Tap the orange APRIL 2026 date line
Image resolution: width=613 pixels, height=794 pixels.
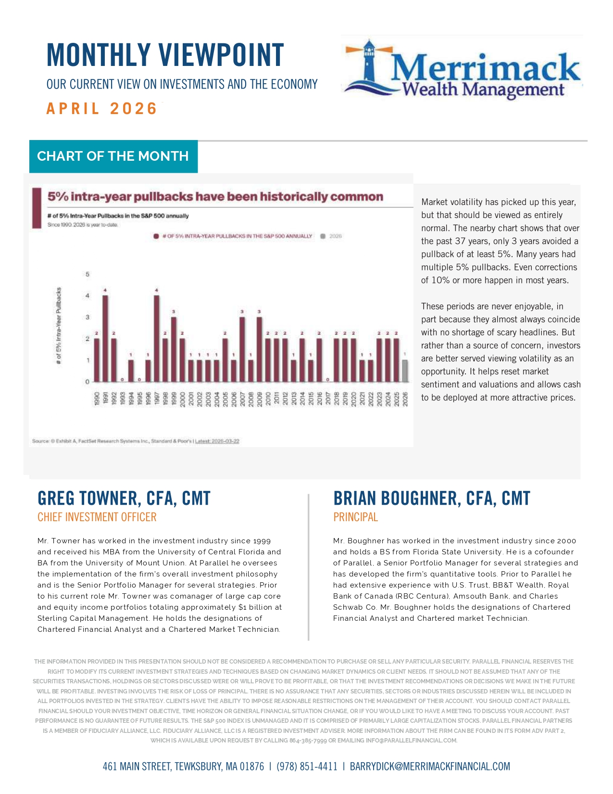click(102, 109)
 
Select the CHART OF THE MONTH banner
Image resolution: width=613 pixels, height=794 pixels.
click(113, 156)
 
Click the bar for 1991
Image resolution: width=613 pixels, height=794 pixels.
click(105, 338)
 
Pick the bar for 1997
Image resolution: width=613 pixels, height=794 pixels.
click(157, 338)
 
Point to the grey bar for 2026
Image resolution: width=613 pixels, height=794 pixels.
click(405, 371)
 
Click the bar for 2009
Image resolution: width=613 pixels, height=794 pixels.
click(259, 349)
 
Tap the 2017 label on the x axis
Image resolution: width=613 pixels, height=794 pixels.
click(328, 399)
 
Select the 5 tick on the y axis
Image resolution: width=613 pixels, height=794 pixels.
click(88, 274)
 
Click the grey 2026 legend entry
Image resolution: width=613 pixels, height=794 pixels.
click(331, 236)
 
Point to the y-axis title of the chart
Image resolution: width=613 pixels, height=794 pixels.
click(59, 326)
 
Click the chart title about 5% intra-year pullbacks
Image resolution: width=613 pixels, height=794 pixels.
click(215, 197)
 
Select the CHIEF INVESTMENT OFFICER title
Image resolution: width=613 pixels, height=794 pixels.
click(97, 517)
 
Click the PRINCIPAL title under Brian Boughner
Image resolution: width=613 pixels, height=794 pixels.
click(356, 517)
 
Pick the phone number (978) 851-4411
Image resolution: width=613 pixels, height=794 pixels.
click(307, 767)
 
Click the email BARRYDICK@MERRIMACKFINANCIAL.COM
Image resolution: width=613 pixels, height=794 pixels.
click(430, 767)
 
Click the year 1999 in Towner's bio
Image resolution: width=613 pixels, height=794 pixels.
click(262, 541)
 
